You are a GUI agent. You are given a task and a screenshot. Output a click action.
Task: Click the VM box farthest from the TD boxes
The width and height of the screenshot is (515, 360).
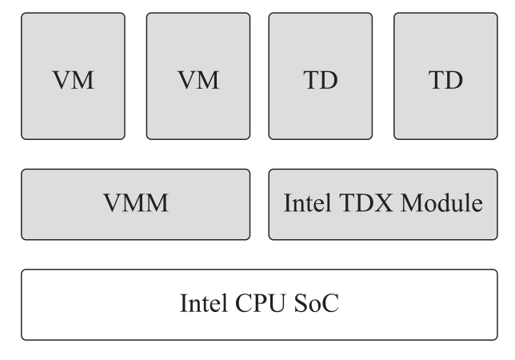click(73, 76)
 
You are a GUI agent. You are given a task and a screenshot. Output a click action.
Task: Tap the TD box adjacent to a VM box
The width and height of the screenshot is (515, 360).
click(321, 76)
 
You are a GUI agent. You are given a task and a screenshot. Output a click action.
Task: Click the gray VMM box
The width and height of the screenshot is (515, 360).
click(135, 204)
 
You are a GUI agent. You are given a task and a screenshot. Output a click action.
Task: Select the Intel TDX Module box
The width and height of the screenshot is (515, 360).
click(383, 204)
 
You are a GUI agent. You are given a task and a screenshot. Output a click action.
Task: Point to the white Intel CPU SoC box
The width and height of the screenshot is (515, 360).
click(258, 305)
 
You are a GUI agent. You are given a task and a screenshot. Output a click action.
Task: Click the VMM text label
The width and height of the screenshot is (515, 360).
click(135, 204)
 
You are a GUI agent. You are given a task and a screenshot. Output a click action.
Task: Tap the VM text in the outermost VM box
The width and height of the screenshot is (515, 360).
click(73, 82)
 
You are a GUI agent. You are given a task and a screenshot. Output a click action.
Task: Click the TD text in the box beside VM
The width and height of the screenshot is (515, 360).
click(321, 82)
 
